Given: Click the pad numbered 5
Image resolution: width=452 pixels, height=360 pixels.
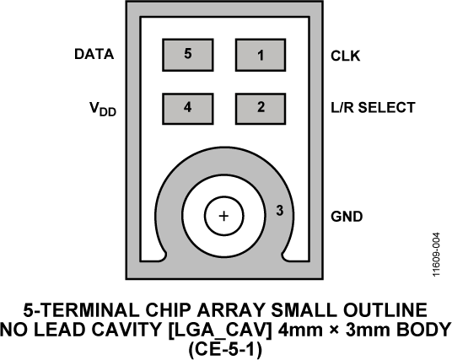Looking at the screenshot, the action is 188,55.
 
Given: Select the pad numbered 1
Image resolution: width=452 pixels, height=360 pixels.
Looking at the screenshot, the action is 261,55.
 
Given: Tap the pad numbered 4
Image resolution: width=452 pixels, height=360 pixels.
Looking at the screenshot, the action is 188,109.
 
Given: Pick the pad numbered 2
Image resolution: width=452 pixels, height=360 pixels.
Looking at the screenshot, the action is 261,109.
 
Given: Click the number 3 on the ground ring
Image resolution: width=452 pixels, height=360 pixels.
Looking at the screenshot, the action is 280,211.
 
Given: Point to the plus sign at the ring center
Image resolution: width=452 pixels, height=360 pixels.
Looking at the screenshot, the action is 224,216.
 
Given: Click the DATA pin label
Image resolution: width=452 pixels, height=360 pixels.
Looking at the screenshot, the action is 94,54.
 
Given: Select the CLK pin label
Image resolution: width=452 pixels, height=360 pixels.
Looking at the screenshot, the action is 346,56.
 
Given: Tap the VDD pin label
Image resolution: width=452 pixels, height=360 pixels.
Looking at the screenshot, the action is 103,110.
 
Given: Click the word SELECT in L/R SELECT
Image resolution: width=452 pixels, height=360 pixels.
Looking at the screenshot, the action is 386,107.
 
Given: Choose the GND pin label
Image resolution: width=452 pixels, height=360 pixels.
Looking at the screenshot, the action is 347,217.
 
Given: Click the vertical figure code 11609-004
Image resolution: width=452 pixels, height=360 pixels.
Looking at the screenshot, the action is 437,255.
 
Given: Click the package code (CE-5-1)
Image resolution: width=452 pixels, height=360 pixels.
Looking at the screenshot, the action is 225,349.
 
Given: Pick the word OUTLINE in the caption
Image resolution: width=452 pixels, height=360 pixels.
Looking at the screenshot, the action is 385,310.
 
